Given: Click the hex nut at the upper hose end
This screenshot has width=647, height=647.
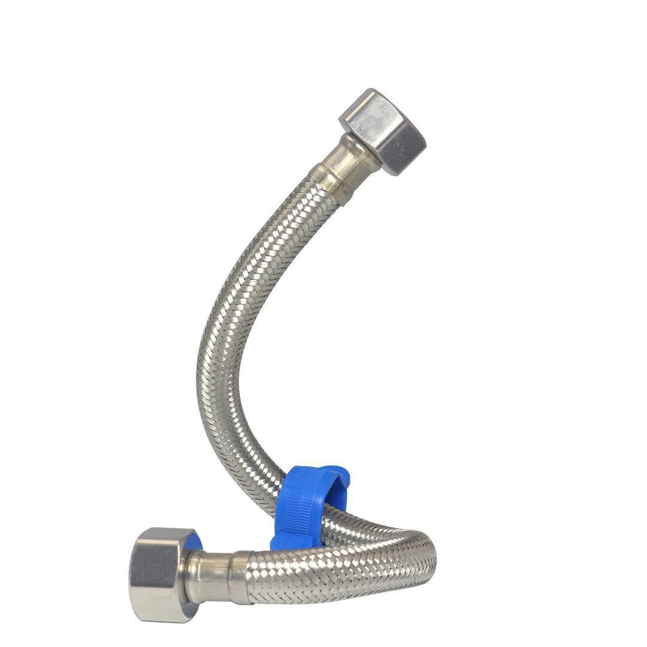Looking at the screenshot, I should pyautogui.click(x=382, y=131).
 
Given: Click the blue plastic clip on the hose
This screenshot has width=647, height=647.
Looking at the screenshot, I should pyautogui.click(x=306, y=503).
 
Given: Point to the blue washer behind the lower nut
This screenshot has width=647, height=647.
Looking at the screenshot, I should pyautogui.click(x=195, y=542).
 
